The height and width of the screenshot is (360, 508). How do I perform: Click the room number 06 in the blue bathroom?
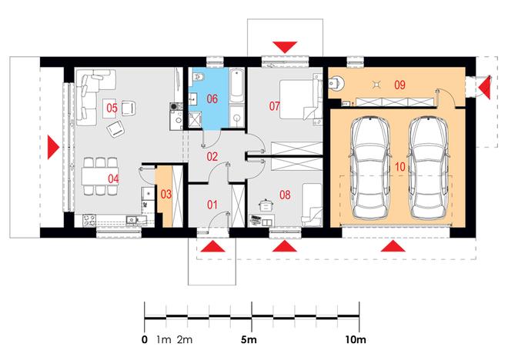[x=212, y=98]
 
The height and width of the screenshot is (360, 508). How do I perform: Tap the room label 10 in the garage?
[x=400, y=167]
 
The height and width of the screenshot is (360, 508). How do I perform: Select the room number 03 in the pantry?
[x=166, y=195]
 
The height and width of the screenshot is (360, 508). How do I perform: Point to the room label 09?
[x=399, y=85]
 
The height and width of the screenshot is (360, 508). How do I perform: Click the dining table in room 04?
[x=100, y=176]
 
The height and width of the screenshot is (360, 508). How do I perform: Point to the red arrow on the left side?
[x=53, y=147]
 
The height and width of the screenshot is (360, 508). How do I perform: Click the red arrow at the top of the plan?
[x=285, y=47]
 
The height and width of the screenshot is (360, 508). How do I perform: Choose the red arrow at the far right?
[x=485, y=88]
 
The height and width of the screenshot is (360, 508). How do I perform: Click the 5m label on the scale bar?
[x=249, y=339]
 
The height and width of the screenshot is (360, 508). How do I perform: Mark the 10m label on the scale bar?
[x=356, y=339]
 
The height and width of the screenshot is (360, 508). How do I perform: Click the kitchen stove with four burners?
[x=89, y=220]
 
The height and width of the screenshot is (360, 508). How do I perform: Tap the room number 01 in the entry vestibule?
[x=212, y=205]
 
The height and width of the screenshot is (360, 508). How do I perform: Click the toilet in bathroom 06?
[x=199, y=76]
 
